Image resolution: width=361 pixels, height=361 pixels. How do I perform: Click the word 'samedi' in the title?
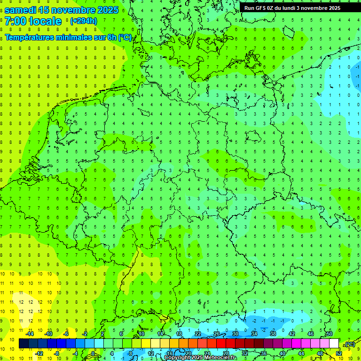tap(21, 10)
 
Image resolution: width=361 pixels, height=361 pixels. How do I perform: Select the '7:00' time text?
tap(15, 21)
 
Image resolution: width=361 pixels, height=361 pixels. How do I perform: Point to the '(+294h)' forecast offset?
tap(84, 21)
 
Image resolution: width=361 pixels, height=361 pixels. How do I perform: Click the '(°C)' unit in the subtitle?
tap(125, 37)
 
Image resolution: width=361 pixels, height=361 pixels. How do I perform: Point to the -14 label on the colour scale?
tap(31, 334)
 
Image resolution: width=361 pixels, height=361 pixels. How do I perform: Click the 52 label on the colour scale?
tap(339, 353)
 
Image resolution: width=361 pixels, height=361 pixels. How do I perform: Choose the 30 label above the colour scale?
tap(235, 334)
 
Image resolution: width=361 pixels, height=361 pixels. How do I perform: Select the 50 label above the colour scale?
tap(329, 334)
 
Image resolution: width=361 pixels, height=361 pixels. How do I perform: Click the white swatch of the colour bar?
tap(334, 344)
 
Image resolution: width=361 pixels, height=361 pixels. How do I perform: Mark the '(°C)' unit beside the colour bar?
tap(350, 344)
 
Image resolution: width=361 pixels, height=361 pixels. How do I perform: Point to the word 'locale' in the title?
tap(46, 21)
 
